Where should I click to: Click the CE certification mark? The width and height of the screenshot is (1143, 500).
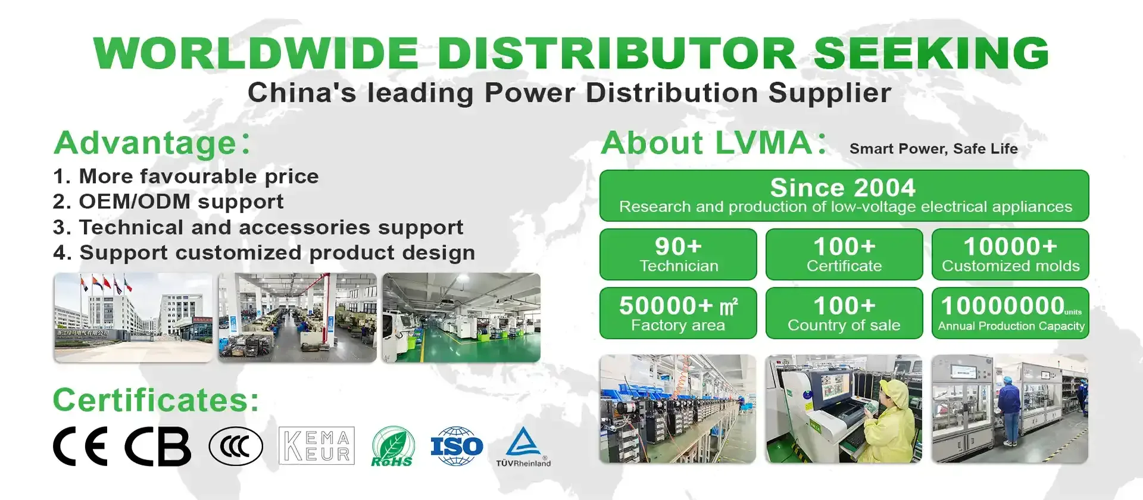(x=80, y=446)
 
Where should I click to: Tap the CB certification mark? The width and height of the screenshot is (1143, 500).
(x=158, y=446)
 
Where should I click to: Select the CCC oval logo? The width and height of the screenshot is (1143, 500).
(x=236, y=446)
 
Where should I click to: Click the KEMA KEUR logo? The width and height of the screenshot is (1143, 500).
(x=317, y=446)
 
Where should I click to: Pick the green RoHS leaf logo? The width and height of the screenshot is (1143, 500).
(x=392, y=446)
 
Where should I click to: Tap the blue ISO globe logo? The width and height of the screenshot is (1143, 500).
(x=457, y=446)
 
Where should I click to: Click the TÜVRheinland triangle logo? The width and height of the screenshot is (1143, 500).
(x=523, y=446)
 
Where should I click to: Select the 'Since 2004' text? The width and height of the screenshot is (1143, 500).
(x=843, y=187)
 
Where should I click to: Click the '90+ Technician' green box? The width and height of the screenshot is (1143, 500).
(x=678, y=254)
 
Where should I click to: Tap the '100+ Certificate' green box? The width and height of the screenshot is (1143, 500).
(x=844, y=254)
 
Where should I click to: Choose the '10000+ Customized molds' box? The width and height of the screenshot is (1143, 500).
(x=1010, y=254)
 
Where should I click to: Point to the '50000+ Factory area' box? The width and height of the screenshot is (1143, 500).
(x=678, y=313)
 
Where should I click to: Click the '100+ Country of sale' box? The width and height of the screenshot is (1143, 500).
(x=844, y=313)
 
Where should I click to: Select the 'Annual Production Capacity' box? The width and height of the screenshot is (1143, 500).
(x=1010, y=313)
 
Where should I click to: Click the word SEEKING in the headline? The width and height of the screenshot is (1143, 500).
(x=930, y=53)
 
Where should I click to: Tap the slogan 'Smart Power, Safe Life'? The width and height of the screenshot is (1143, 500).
(x=933, y=149)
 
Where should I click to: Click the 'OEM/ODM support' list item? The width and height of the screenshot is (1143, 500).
(x=168, y=202)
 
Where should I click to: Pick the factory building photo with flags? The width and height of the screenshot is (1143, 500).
(x=133, y=317)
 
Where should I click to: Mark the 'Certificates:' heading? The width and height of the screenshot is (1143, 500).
(x=156, y=400)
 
